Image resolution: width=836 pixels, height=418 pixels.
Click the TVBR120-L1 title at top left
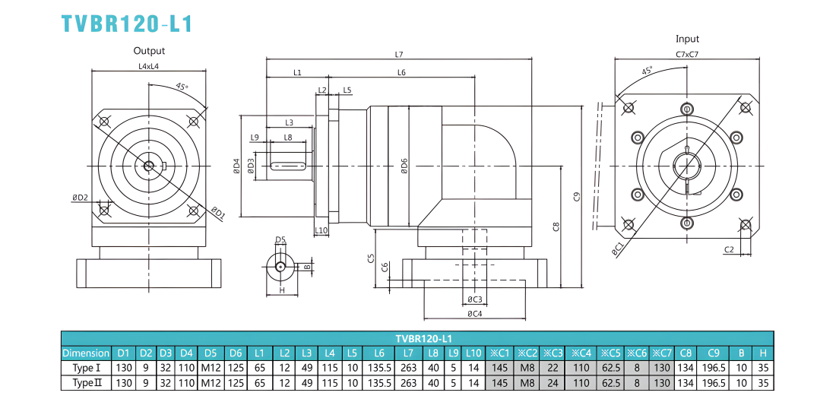126,24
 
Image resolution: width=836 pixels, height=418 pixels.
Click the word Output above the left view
149,51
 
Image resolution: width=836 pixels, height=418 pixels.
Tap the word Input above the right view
687,39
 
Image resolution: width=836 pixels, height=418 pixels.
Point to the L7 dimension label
399,54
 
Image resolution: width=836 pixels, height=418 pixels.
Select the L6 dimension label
401,72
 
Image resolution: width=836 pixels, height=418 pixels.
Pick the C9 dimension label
576,197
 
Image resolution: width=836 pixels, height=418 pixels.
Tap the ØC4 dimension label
475,313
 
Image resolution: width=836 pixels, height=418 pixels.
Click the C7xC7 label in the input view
687,54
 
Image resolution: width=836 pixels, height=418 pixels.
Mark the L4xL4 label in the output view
149,66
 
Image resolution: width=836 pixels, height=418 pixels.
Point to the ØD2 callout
80,198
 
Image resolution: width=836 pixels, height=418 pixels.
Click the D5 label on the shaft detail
280,239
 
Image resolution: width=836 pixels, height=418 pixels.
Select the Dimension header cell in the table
86,353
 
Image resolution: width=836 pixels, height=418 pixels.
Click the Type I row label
86,368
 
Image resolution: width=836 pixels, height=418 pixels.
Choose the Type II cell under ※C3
553,383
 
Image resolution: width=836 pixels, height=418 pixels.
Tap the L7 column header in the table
409,353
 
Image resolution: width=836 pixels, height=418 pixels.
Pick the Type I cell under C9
714,368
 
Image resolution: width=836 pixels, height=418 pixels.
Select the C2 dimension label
730,249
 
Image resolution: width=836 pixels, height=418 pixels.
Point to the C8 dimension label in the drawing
556,226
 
